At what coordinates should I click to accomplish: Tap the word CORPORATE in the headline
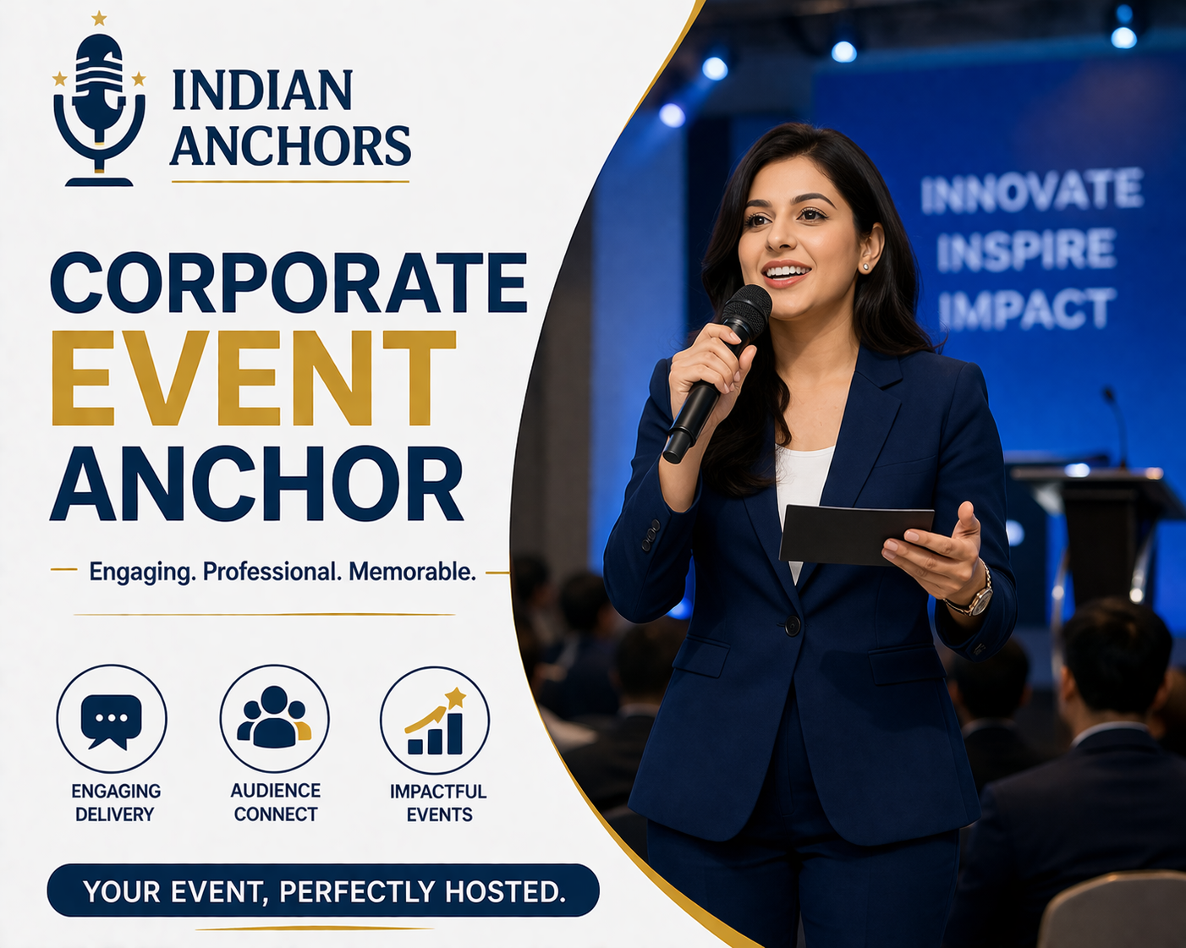tap(288, 282)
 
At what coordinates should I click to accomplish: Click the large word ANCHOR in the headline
tap(256, 484)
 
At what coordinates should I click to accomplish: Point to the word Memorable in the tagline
tap(412, 572)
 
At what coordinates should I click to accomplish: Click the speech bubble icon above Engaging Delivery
tap(112, 720)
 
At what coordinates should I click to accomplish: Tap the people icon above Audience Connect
tap(274, 718)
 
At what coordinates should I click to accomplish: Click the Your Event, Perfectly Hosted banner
tap(323, 890)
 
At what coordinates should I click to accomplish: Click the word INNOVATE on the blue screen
tap(1031, 191)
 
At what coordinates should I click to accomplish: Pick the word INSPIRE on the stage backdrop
tap(1025, 250)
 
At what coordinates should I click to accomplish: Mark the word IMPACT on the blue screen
tap(1026, 309)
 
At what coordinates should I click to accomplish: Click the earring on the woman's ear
tap(865, 267)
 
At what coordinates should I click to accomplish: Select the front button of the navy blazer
tap(793, 626)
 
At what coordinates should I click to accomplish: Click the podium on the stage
tap(1100, 524)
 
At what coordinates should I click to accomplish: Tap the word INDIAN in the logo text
tap(262, 91)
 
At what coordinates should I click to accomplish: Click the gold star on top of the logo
tap(99, 18)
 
